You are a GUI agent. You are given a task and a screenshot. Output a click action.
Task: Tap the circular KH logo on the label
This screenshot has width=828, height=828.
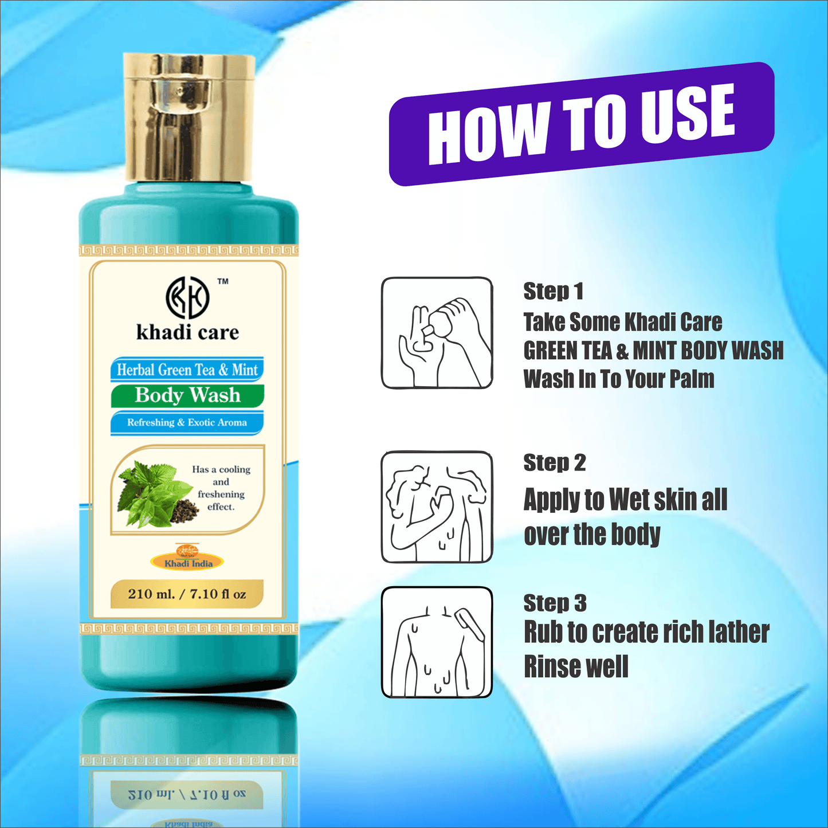pos(187,297)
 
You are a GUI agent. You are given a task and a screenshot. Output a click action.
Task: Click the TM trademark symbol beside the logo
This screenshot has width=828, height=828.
pos(223,281)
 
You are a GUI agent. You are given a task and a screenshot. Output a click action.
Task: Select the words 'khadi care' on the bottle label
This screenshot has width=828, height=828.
pos(187,332)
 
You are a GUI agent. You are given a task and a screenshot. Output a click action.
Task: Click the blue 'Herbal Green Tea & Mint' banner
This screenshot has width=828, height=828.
pos(187,370)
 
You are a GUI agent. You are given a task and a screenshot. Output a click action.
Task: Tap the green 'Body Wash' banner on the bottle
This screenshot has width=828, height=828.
pos(187,395)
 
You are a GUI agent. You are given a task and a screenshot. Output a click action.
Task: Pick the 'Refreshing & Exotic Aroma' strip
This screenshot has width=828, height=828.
pos(187,423)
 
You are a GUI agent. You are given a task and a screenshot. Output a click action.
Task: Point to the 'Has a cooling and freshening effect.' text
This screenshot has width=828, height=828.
pos(221,488)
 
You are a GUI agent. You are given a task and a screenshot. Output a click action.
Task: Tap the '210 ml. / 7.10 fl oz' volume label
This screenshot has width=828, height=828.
pos(187,594)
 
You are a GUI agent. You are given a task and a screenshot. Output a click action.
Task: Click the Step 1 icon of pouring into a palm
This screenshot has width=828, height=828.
pos(437,333)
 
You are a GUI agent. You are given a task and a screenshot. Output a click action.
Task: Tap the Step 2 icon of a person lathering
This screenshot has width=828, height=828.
pos(437,507)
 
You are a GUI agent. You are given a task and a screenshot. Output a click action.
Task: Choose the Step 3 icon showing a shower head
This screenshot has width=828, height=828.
pos(437,642)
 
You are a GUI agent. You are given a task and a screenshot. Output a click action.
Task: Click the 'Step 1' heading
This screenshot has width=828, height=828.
pos(554,291)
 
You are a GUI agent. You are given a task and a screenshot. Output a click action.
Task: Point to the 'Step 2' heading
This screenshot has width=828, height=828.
pos(555,462)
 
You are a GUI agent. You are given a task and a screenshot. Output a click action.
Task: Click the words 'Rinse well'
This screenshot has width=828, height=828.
pos(576,667)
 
